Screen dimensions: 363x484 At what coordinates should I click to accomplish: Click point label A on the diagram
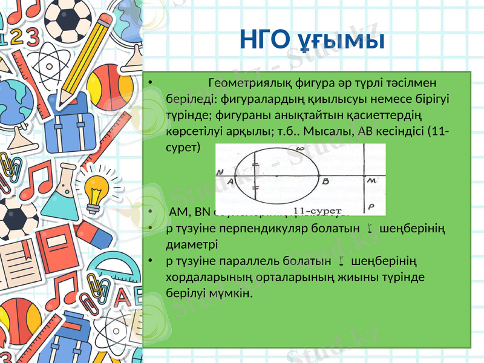tap(230, 180)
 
